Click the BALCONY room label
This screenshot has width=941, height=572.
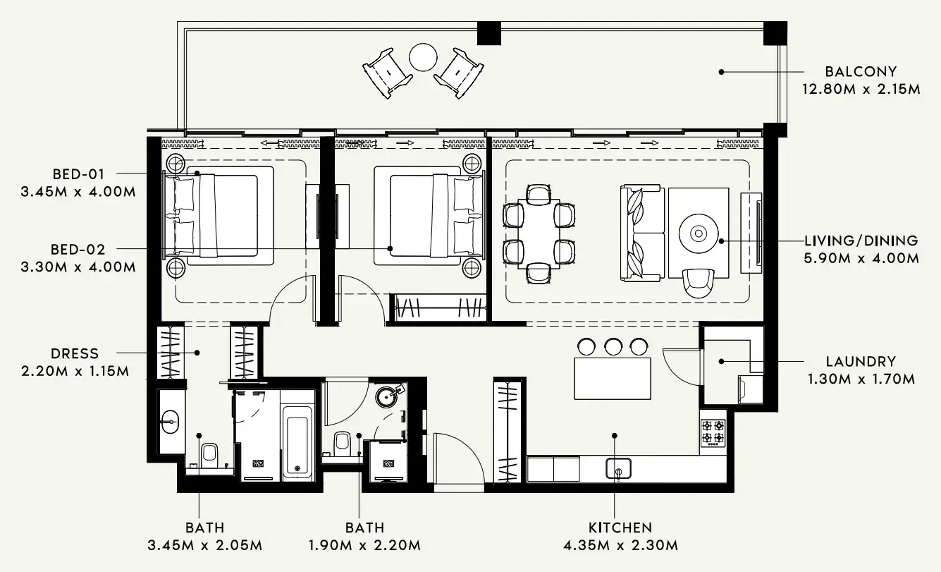[x=861, y=71]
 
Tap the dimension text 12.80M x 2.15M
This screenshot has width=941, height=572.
[x=861, y=90]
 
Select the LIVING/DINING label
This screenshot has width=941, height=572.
[x=861, y=241]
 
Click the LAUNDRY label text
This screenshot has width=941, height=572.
[x=861, y=361]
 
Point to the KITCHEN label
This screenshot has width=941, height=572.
[x=620, y=527]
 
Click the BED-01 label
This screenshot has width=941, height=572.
[x=79, y=174]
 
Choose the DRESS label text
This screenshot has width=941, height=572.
[x=75, y=353]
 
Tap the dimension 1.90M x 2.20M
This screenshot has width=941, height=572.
[x=364, y=545]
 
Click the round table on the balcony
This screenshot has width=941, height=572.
[x=424, y=56]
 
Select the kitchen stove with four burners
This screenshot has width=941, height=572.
[x=712, y=432]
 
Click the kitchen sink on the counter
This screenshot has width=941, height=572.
[x=618, y=468]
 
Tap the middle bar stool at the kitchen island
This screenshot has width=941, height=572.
[x=613, y=346]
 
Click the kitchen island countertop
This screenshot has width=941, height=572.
[x=613, y=378]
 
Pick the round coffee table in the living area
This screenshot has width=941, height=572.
[x=699, y=233]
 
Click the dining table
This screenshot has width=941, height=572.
[x=540, y=233]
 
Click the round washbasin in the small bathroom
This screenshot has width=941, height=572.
[x=388, y=396]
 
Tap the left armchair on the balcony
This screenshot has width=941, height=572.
[x=387, y=71]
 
